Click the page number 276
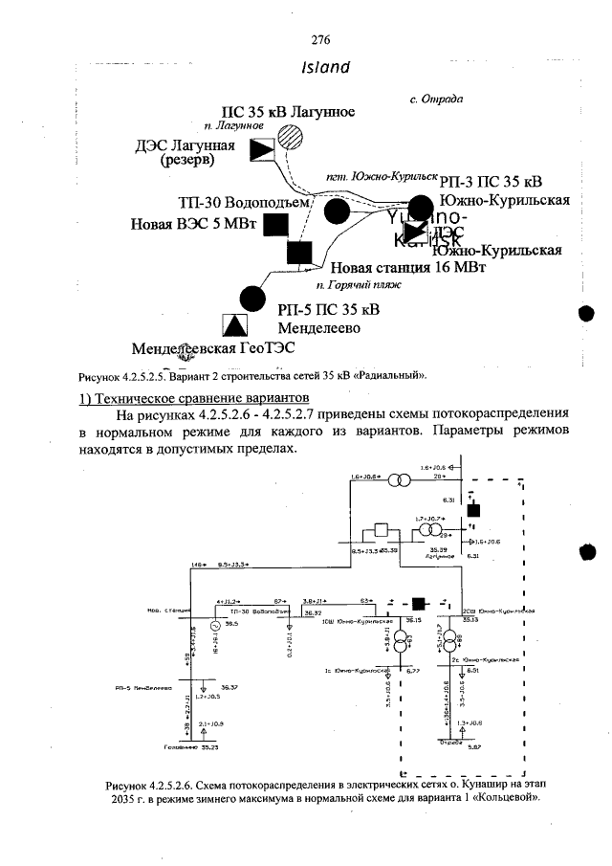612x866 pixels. click(x=320, y=39)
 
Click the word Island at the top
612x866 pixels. click(x=325, y=68)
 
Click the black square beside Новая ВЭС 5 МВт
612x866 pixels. click(x=276, y=225)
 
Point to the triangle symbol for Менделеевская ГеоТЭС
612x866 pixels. click(x=232, y=324)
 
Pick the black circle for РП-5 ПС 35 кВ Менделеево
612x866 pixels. click(x=251, y=298)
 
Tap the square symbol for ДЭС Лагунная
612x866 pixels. click(x=260, y=150)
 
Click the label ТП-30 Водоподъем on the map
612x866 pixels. click(x=246, y=203)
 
